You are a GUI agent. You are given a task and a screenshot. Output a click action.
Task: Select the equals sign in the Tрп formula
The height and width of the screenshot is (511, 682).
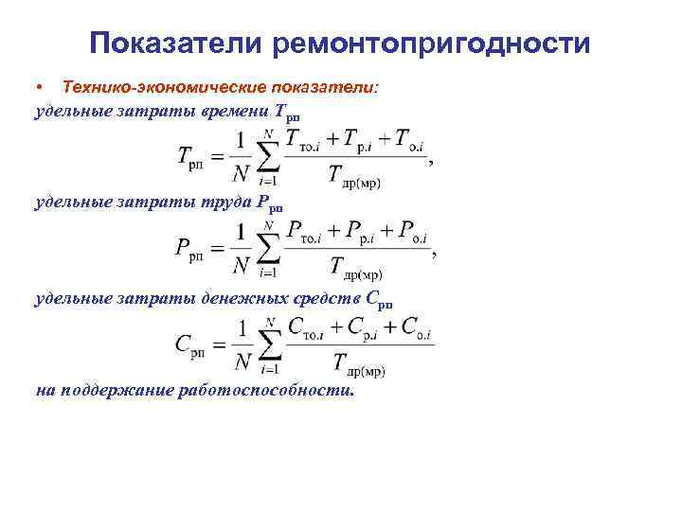pos(220,155)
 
